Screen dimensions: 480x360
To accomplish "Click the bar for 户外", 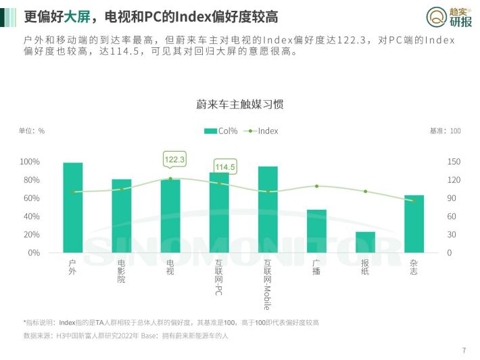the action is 73,208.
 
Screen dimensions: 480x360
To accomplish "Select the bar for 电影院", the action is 122,216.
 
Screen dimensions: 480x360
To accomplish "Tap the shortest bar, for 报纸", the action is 365,242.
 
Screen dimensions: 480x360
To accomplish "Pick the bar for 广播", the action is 316,231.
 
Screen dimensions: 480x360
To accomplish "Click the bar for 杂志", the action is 414,224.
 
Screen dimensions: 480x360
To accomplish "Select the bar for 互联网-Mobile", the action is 268,210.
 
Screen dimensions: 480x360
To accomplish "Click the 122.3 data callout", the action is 174,160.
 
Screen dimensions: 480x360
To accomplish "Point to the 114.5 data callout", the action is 225,167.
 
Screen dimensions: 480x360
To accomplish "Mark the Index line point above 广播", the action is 316,186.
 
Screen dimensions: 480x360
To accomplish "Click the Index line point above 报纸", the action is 365,192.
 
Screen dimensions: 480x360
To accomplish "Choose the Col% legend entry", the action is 220,131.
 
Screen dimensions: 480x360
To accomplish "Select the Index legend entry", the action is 261,131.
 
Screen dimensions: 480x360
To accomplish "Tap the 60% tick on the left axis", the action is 32,198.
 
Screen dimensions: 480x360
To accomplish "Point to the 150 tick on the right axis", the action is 454,162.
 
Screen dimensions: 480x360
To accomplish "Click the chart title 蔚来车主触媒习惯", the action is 240,104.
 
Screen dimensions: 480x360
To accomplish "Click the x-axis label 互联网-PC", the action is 218,277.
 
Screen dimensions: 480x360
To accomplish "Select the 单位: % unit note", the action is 32,131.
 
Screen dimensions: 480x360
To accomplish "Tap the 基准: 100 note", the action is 445,131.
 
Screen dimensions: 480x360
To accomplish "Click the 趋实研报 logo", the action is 449,17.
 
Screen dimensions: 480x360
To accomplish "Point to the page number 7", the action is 464,351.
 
